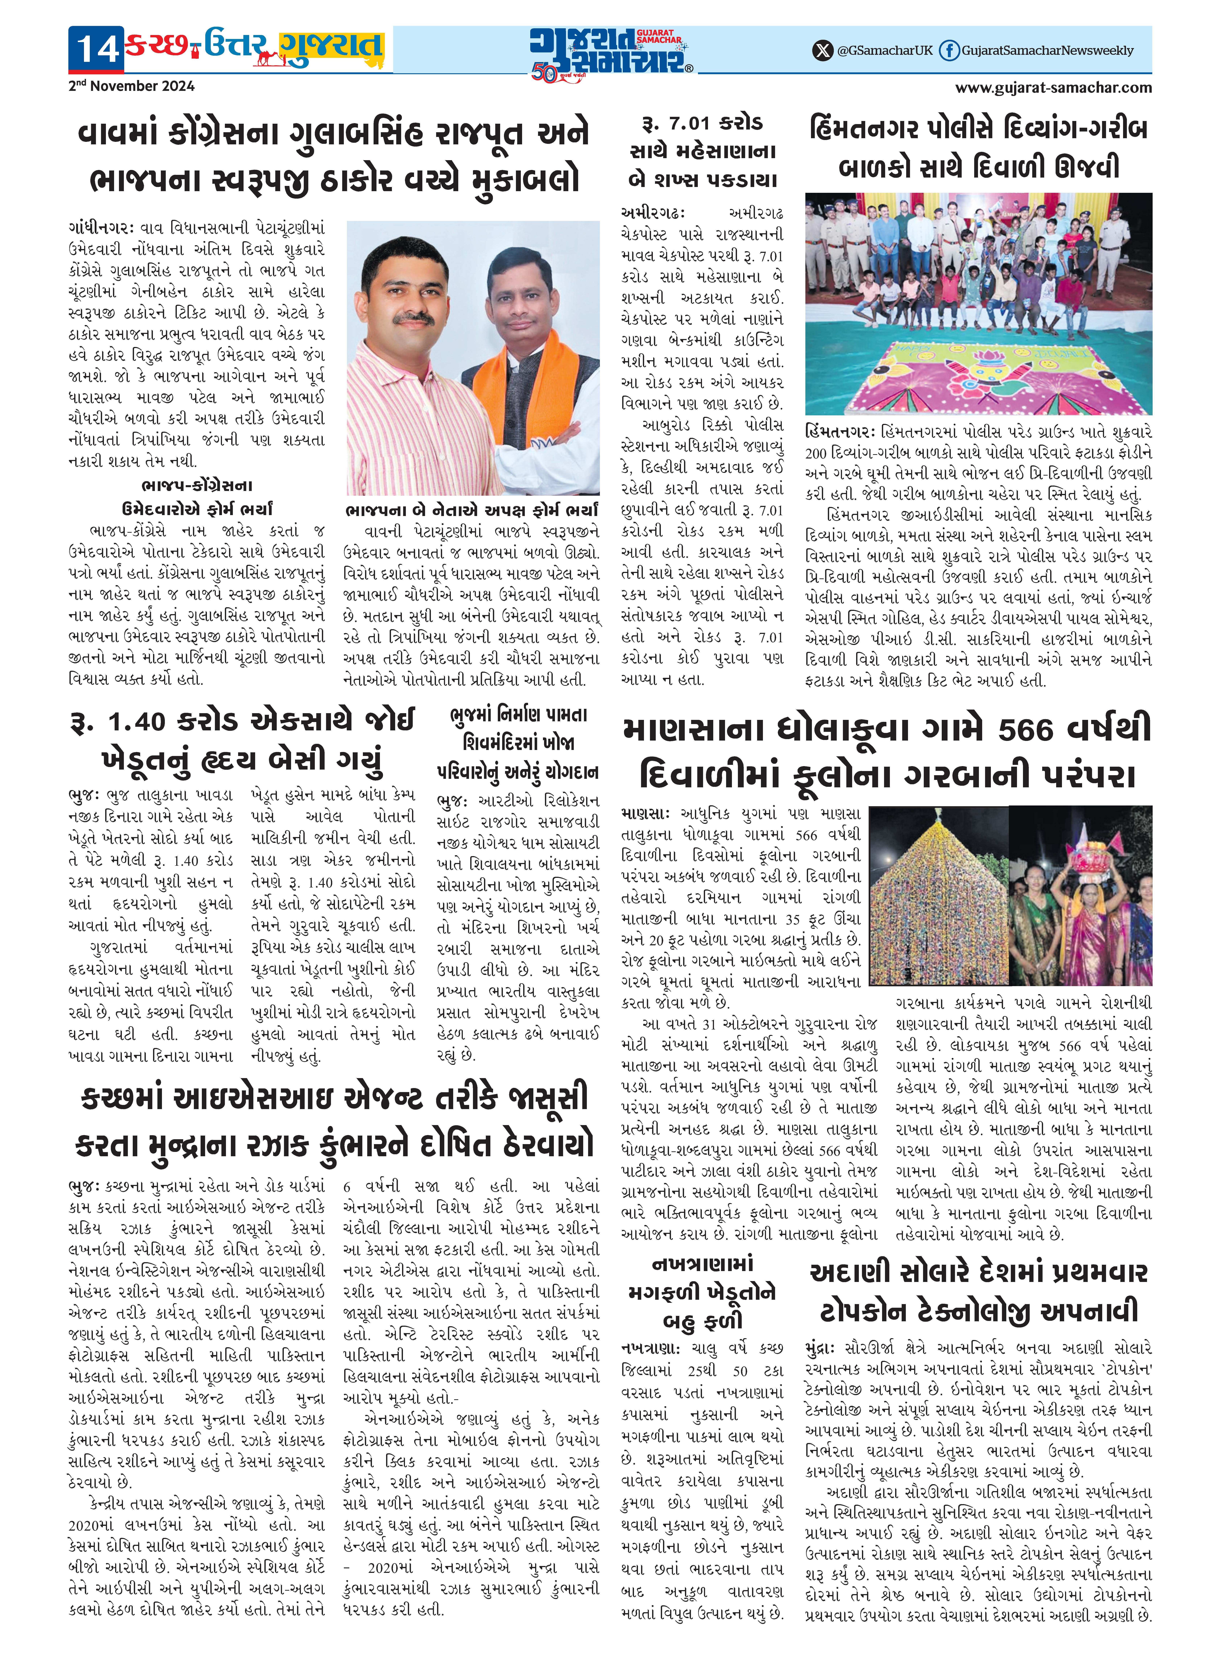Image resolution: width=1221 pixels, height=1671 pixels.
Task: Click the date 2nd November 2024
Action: tap(131, 86)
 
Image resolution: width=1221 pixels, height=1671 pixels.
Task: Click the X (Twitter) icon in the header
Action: tap(822, 50)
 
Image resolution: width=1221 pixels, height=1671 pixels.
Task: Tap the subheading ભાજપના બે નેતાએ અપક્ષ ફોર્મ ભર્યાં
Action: tap(471, 510)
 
